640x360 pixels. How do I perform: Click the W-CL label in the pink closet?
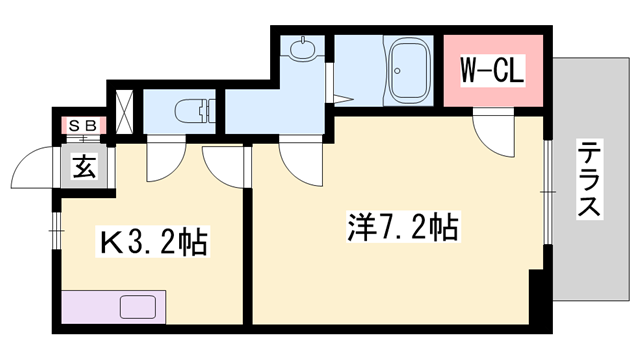(x=492, y=72)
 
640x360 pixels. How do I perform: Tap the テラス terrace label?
(x=589, y=180)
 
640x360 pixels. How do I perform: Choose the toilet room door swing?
(x=163, y=159)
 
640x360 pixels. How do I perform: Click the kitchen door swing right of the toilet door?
(x=223, y=160)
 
